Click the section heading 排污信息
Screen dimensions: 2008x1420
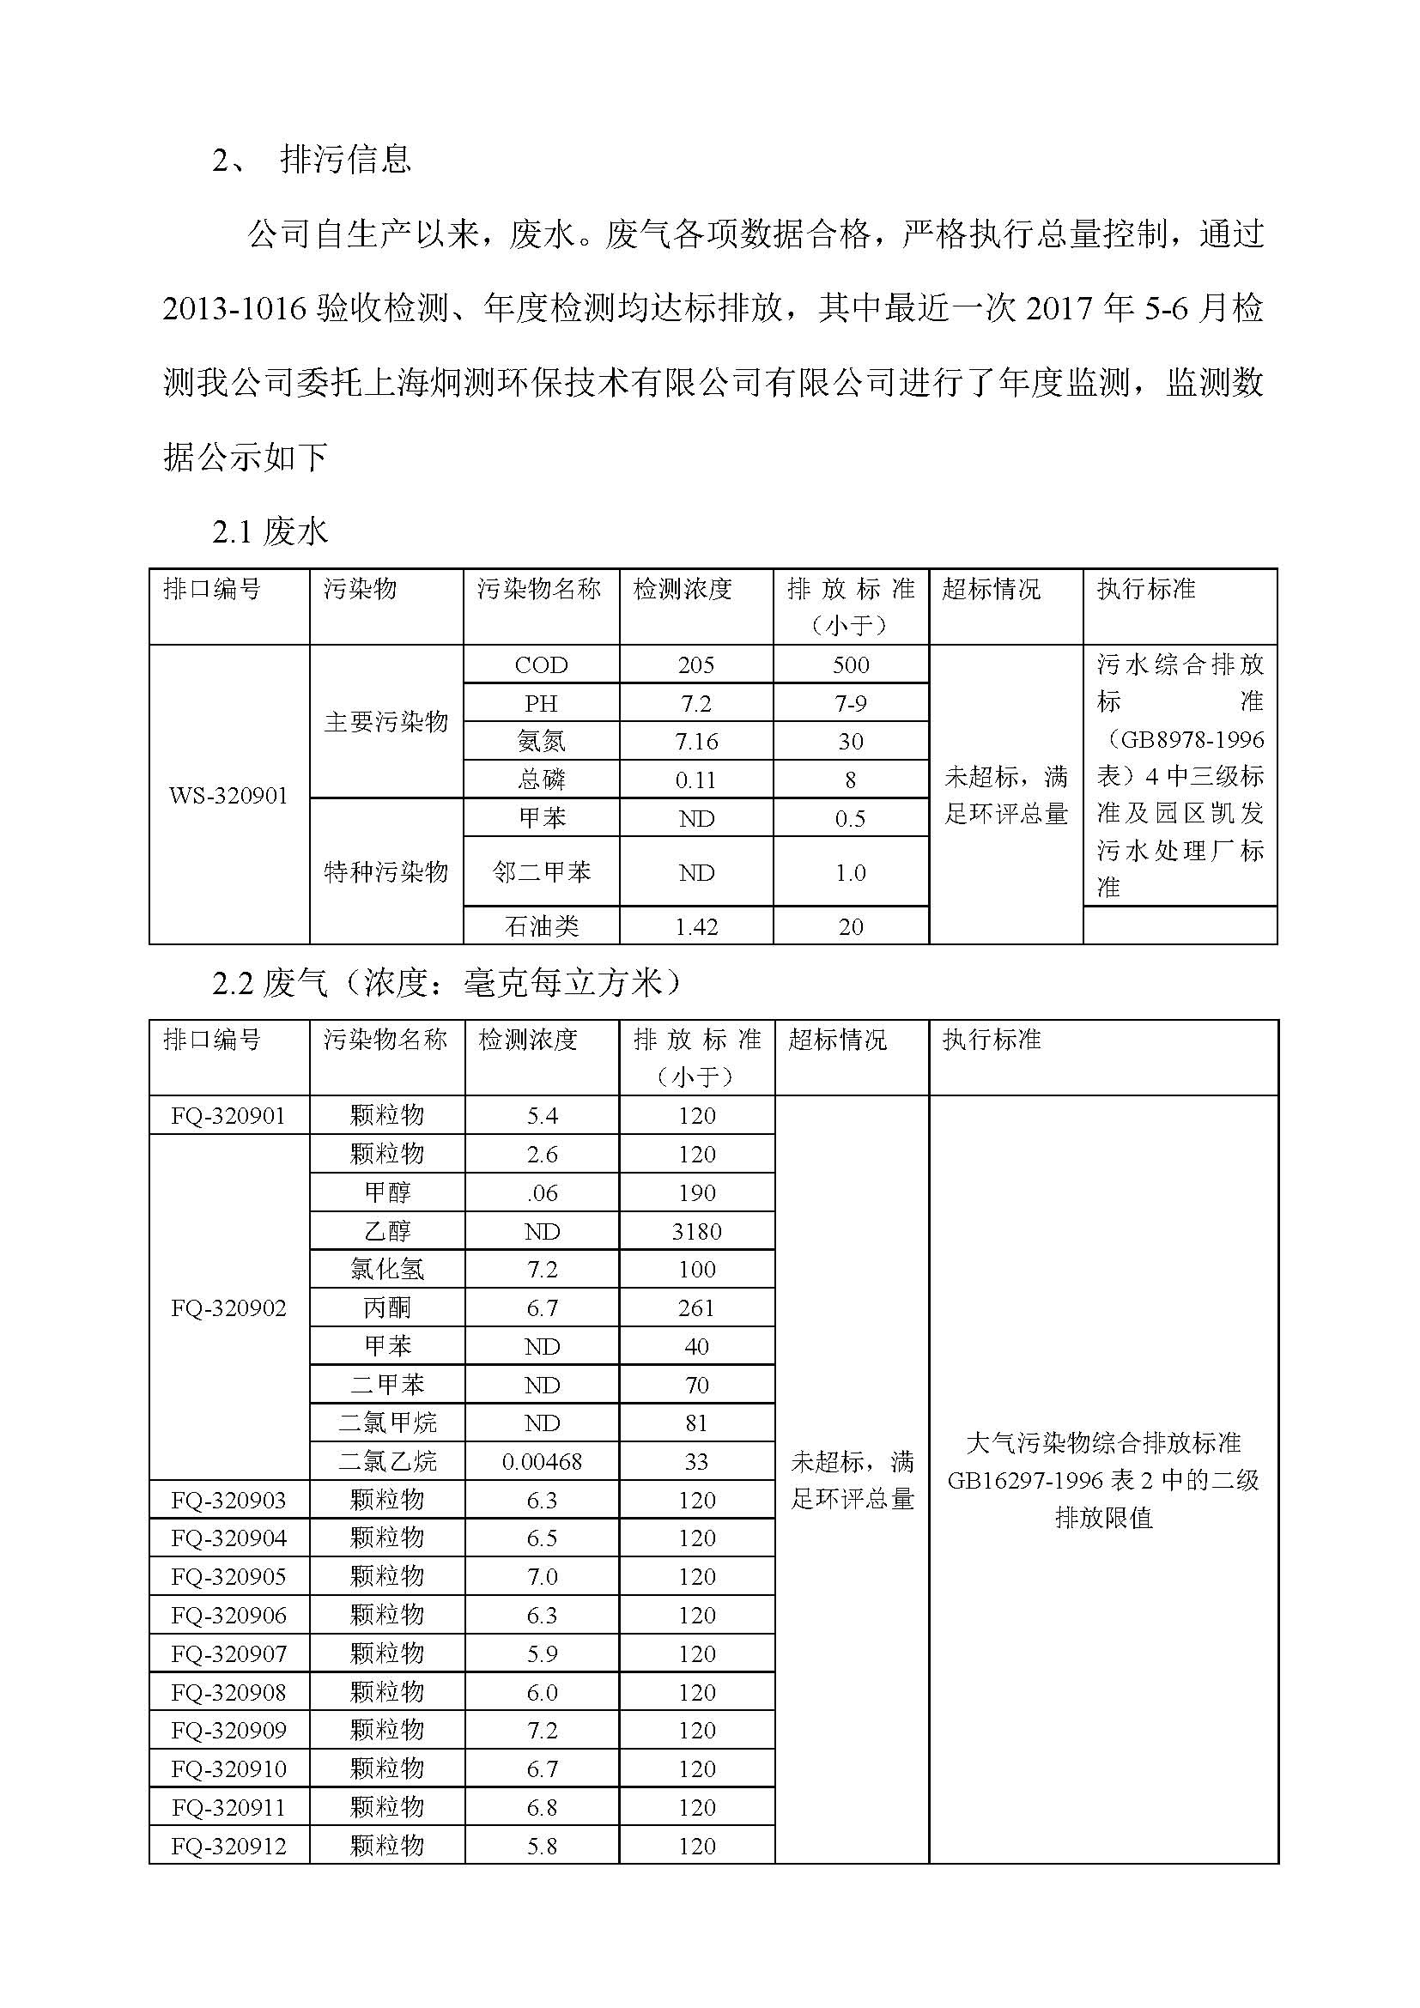pyautogui.click(x=345, y=159)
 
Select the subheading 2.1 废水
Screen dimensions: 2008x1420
pyautogui.click(x=270, y=531)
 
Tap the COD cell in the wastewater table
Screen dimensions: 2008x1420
pyautogui.click(x=541, y=665)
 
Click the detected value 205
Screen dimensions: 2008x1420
pyautogui.click(x=696, y=665)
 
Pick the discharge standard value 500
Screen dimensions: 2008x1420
pyautogui.click(x=851, y=665)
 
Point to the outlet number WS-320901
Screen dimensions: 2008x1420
pyautogui.click(x=228, y=796)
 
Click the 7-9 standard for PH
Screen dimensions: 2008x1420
pyautogui.click(x=851, y=704)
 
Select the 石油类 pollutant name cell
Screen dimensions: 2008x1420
pyautogui.click(x=541, y=926)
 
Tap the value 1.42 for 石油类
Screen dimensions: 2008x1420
pyautogui.click(x=696, y=927)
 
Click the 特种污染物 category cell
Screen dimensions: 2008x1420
pyautogui.click(x=385, y=872)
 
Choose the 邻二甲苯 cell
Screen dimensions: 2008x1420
pyautogui.click(x=541, y=872)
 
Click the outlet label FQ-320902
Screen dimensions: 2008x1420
pyautogui.click(x=228, y=1308)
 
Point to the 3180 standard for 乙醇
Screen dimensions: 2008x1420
pyautogui.click(x=696, y=1231)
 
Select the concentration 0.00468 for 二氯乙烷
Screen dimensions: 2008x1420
pyautogui.click(x=541, y=1461)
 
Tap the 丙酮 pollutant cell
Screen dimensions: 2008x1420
pyautogui.click(x=386, y=1308)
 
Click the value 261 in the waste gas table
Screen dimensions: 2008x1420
pyautogui.click(x=696, y=1308)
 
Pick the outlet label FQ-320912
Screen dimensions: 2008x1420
pyautogui.click(x=228, y=1847)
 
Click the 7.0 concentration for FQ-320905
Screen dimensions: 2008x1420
pyautogui.click(x=541, y=1577)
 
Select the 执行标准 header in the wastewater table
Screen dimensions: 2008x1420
pyautogui.click(x=1145, y=590)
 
